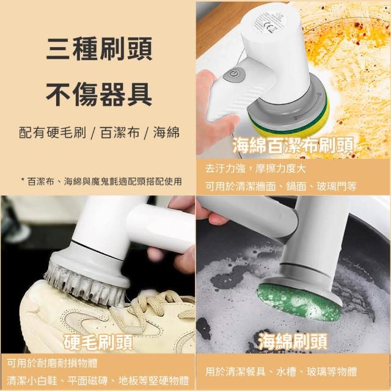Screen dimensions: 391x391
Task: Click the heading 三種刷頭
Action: pos(99,49)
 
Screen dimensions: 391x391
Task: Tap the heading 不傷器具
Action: pos(99,94)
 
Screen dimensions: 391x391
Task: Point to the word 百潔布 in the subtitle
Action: pos(120,132)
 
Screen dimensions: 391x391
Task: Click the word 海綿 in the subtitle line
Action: pos(166,132)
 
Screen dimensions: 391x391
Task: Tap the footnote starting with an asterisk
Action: pos(101,181)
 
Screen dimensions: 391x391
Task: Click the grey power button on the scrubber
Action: pos(234,74)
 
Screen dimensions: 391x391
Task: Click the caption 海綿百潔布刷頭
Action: pos(293,145)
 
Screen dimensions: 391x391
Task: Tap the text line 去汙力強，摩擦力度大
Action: pos(255,169)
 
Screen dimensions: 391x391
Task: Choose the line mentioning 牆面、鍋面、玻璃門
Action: pos(281,186)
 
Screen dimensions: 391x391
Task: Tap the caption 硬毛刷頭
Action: pos(98,342)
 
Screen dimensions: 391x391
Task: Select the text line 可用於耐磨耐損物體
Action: pos(52,364)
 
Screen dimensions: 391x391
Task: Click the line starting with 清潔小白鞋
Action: pos(98,381)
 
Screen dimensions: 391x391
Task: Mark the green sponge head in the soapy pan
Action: pos(299,302)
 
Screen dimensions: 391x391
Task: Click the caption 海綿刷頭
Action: pos(292,341)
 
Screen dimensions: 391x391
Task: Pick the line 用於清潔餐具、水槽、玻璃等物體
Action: pos(281,371)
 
